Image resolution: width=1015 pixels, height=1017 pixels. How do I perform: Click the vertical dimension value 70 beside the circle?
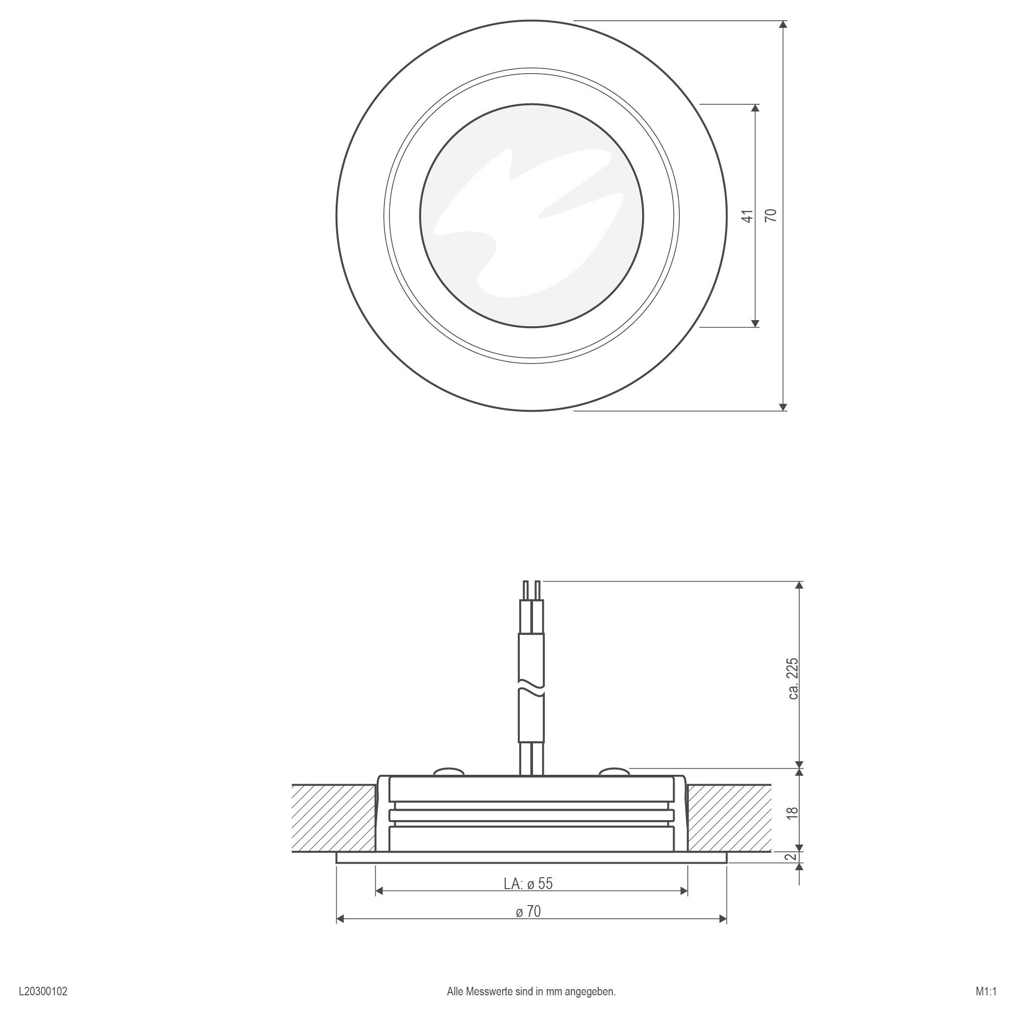pyautogui.click(x=771, y=215)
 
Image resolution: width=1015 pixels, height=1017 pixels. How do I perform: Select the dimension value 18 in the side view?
pyautogui.click(x=794, y=812)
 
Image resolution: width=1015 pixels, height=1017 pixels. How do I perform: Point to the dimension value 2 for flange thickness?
pyautogui.click(x=790, y=857)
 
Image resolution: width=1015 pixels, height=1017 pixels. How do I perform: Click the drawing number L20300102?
pyautogui.click(x=42, y=992)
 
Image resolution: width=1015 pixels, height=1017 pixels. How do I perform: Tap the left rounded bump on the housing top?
pyautogui.click(x=448, y=771)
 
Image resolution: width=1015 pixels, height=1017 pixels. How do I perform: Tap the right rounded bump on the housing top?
pyautogui.click(x=614, y=771)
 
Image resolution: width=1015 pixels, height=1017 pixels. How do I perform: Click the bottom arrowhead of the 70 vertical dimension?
pyautogui.click(x=783, y=407)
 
